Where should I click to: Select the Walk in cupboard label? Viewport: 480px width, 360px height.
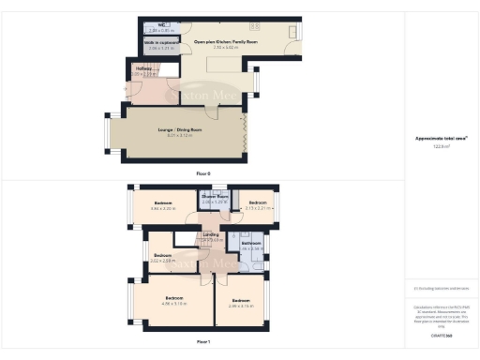(162, 41)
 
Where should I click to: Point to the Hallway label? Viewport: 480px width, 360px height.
(143, 68)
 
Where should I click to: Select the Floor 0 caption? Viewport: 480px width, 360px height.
(202, 173)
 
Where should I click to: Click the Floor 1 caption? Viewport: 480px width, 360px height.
(202, 341)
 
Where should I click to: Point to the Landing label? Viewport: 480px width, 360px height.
(212, 235)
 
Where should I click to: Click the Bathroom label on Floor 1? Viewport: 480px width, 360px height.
(251, 243)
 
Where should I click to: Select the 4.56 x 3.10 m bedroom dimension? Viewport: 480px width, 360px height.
(174, 304)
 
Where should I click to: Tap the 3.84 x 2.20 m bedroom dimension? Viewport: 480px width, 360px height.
(163, 208)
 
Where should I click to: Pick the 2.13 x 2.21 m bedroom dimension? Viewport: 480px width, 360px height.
(260, 208)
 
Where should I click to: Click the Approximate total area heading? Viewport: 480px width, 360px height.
(442, 139)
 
